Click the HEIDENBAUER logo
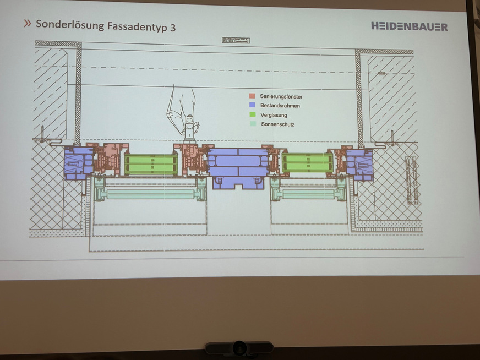click(x=408, y=26)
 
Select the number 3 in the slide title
click(x=173, y=26)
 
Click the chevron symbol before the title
click(x=27, y=24)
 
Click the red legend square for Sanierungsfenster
click(x=252, y=96)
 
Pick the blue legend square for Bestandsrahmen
click(x=252, y=105)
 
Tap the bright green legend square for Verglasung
click(x=252, y=115)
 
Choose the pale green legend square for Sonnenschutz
click(x=252, y=124)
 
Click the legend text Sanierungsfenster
click(x=281, y=96)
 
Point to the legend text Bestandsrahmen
click(x=280, y=105)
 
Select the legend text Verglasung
click(x=274, y=115)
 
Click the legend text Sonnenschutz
click(x=278, y=125)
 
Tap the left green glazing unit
click(x=150, y=165)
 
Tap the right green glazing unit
click(x=307, y=163)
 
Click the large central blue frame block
click(x=238, y=165)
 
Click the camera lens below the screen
click(x=239, y=348)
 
